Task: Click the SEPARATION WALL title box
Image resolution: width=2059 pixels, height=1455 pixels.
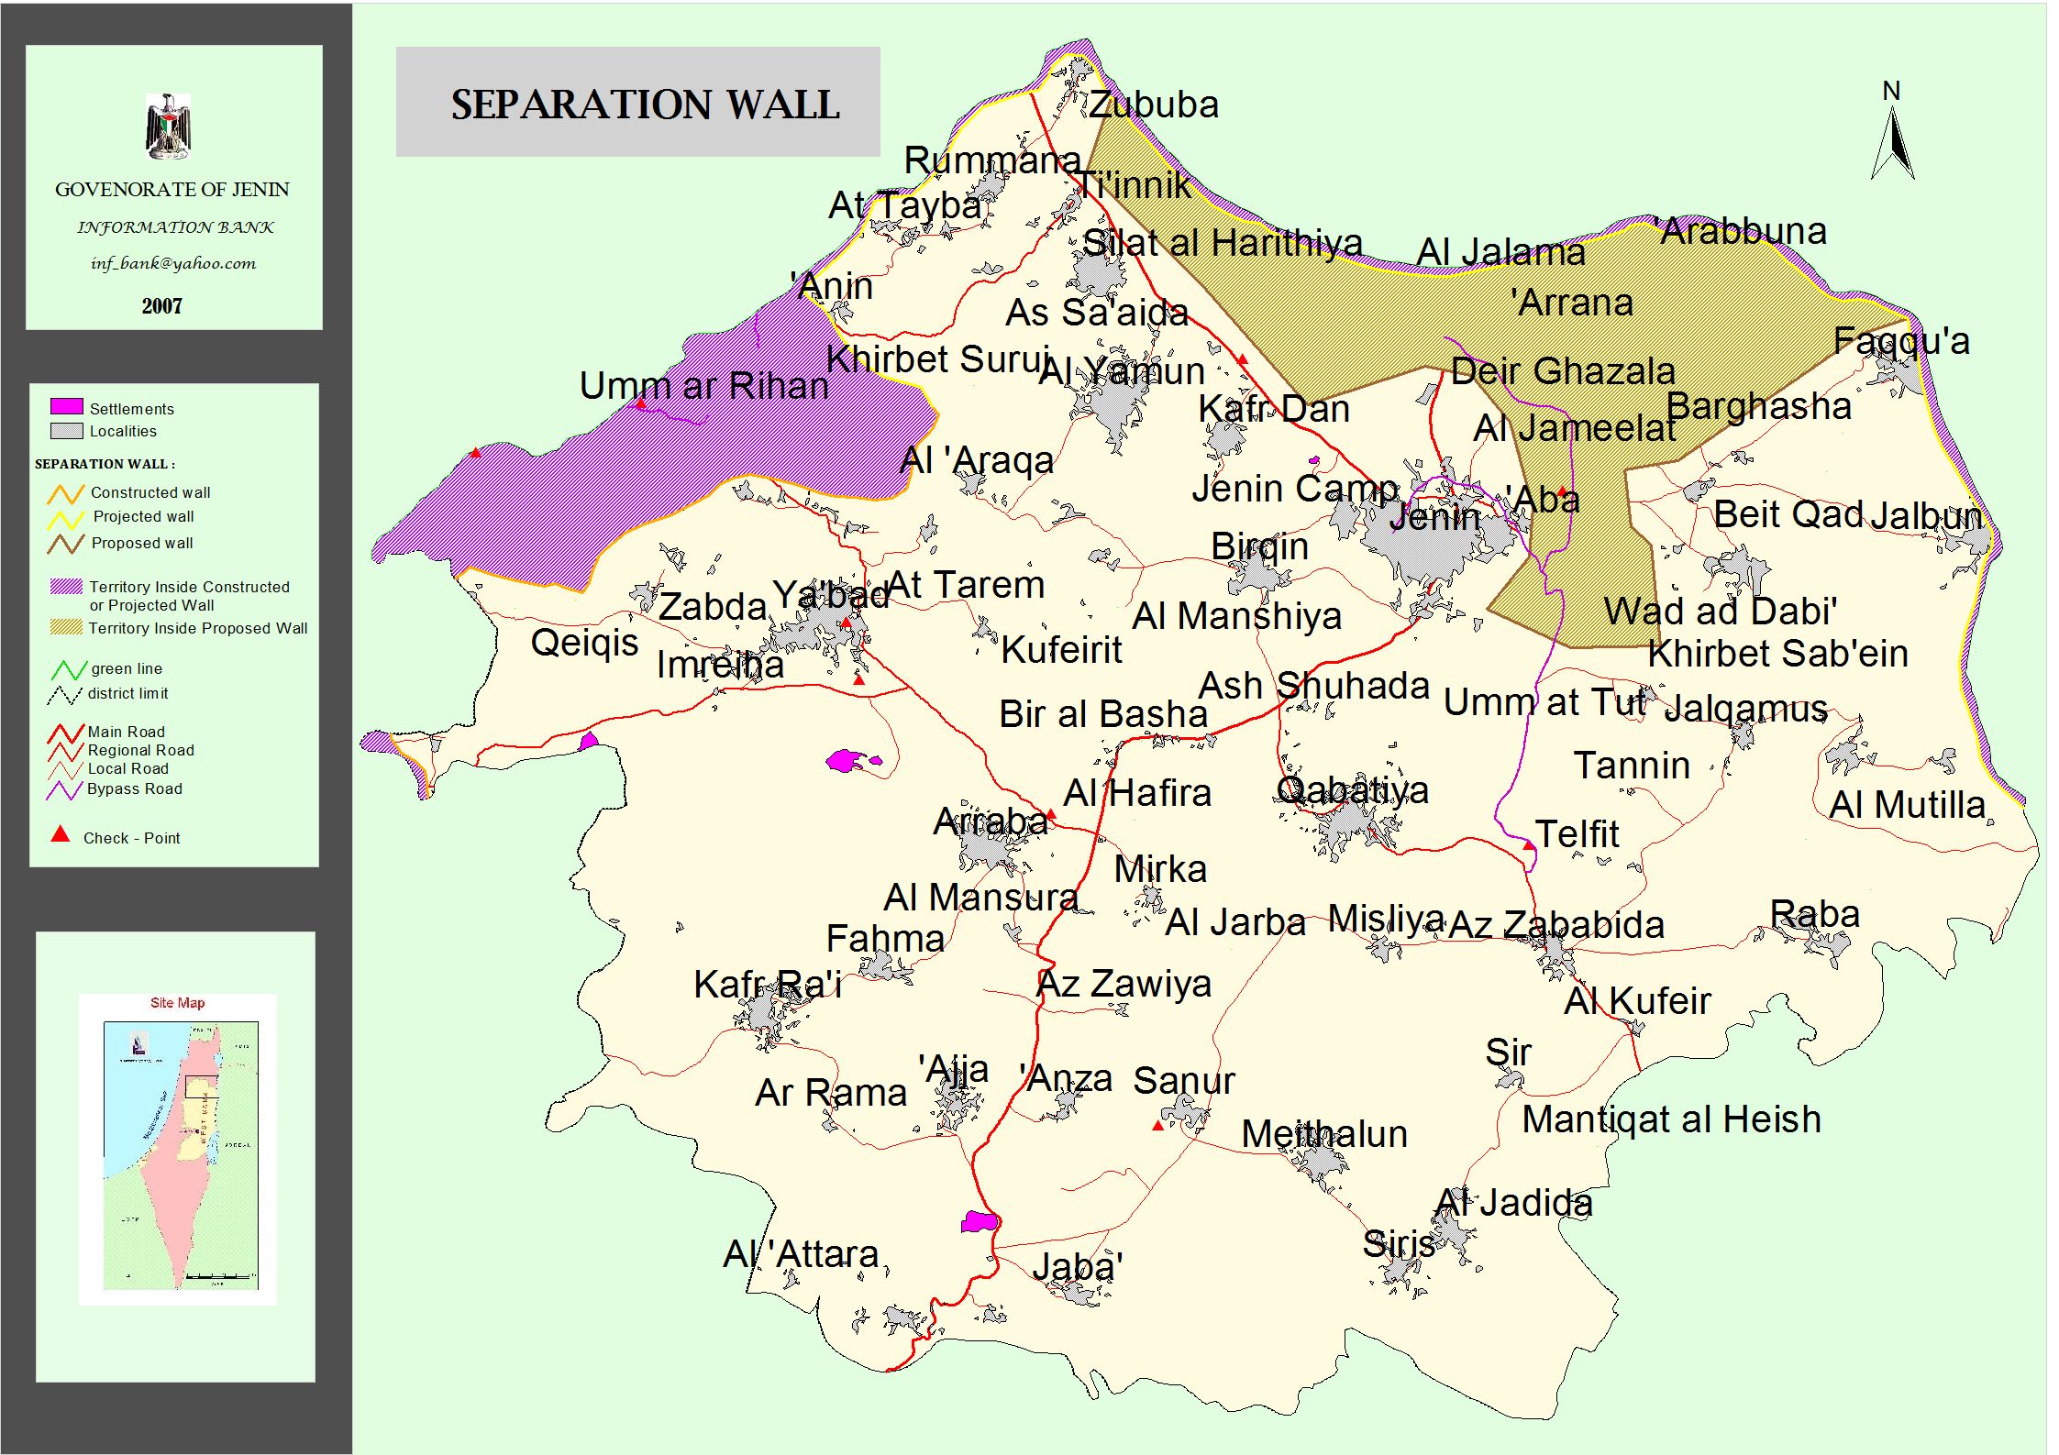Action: [x=637, y=102]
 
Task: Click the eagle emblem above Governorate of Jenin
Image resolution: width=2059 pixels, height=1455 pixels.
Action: [x=169, y=126]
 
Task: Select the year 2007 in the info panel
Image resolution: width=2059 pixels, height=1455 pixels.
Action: [x=161, y=306]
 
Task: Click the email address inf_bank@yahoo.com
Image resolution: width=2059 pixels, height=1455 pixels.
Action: [x=173, y=264]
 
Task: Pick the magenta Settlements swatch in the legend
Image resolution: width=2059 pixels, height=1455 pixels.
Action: [x=66, y=406]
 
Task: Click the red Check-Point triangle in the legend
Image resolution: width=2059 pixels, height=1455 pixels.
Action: [x=61, y=833]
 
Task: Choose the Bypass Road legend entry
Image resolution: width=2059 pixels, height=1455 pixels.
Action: [x=134, y=788]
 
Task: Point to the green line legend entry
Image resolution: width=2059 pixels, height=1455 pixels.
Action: [x=126, y=668]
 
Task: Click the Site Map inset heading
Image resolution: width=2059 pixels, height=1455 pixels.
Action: [x=177, y=1002]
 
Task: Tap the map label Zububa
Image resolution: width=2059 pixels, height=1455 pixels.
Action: [x=1154, y=105]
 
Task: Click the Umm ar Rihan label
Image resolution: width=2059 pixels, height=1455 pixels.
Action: [x=703, y=386]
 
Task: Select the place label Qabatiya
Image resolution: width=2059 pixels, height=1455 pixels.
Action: [x=1352, y=789]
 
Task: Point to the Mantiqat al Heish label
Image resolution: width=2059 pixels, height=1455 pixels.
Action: [x=1671, y=1119]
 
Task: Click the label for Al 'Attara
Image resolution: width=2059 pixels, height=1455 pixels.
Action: [x=801, y=1253]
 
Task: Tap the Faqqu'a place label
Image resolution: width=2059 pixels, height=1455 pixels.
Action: [x=1901, y=341]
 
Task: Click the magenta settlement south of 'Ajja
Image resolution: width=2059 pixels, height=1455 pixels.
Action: [x=979, y=1221]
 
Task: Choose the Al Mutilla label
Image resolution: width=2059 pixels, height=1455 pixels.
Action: [x=1907, y=805]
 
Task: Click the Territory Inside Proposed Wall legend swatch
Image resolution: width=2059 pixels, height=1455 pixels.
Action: [x=66, y=628]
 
